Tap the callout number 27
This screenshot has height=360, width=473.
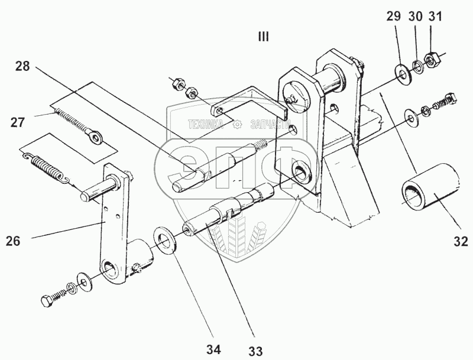pyautogui.click(x=18, y=124)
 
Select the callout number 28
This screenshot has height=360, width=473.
pyautogui.click(x=22, y=66)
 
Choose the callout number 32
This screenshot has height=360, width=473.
pyautogui.click(x=461, y=241)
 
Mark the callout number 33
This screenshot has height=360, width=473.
pyautogui.click(x=255, y=351)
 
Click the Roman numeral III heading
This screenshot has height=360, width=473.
pyautogui.click(x=263, y=37)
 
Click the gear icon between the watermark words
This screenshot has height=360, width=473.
pyautogui.click(x=237, y=125)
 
